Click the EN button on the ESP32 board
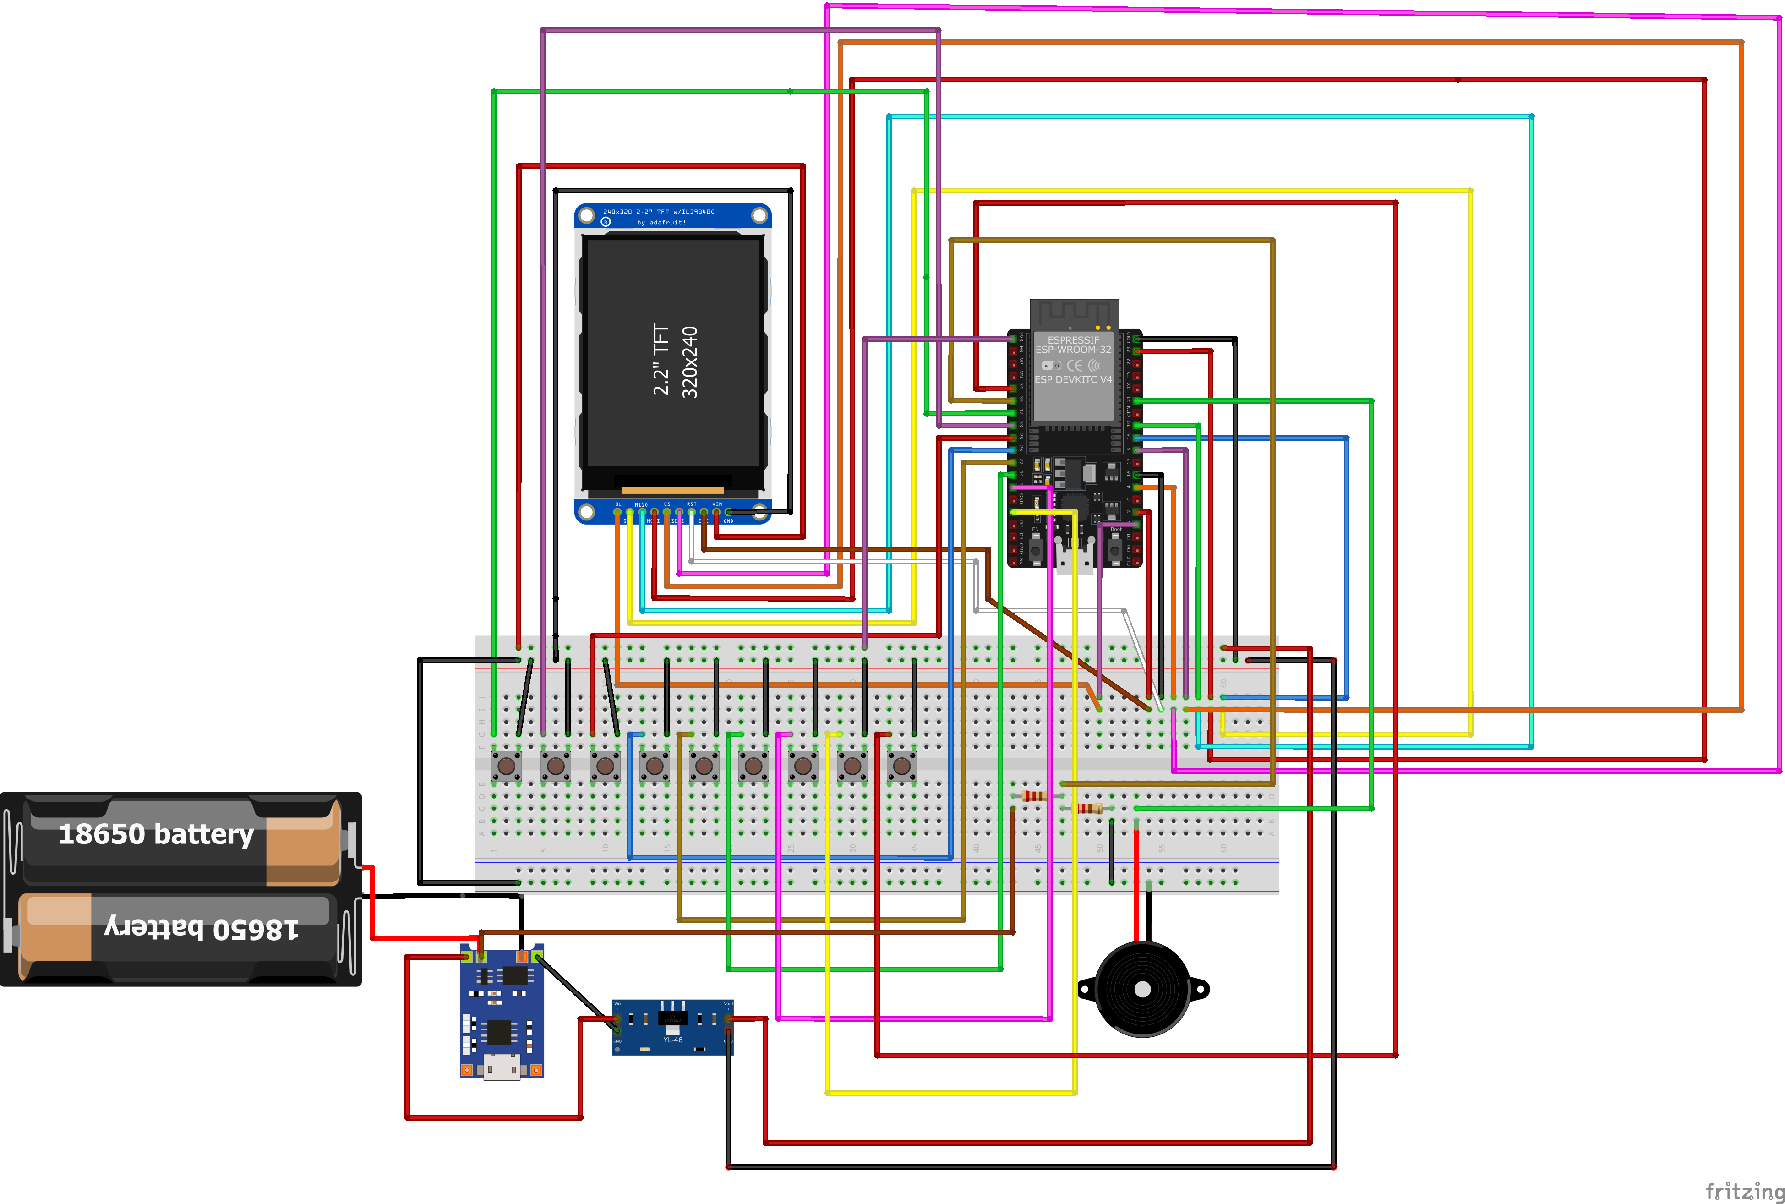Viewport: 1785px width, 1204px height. click(x=1036, y=550)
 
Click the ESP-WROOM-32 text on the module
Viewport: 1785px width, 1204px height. click(x=1073, y=350)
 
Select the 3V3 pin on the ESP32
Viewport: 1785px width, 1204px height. click(x=1013, y=338)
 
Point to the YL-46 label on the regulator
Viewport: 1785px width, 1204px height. click(x=672, y=1040)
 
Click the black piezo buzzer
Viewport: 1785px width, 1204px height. click(x=1142, y=989)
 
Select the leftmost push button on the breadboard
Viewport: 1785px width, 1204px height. click(x=506, y=766)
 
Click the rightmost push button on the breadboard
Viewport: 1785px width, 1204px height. click(x=902, y=766)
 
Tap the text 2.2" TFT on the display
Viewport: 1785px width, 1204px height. click(x=661, y=359)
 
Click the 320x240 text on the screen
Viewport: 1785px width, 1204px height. click(x=689, y=361)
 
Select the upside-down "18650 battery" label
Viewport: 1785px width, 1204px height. click(x=201, y=928)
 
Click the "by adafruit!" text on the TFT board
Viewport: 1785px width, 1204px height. click(x=661, y=223)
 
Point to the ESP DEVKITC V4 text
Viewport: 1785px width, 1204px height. click(x=1073, y=379)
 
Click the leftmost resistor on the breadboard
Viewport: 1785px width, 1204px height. click(x=1034, y=796)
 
